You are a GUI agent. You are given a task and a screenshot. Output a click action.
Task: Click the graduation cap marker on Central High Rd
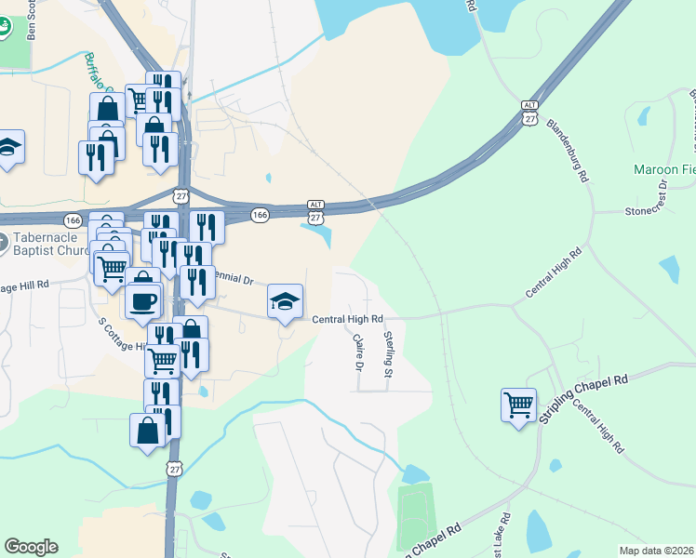(286, 301)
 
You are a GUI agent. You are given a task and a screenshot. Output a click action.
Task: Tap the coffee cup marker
(142, 300)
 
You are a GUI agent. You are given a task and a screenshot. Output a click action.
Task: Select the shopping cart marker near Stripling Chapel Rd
(518, 405)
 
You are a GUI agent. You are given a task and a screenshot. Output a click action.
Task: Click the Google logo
(31, 547)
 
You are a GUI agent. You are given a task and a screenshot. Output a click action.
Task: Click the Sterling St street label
(389, 354)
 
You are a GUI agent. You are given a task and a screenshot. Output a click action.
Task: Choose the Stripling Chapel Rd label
(583, 399)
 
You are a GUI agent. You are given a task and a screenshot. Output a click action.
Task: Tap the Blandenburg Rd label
(569, 149)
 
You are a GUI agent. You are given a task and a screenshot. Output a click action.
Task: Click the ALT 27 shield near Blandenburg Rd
(529, 113)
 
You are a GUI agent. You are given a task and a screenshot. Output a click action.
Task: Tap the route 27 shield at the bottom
(174, 471)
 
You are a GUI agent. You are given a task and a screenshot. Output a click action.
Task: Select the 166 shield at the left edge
(74, 220)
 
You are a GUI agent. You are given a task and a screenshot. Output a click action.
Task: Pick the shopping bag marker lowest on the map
(148, 431)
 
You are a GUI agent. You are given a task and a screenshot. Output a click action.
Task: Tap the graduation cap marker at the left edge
(9, 148)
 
